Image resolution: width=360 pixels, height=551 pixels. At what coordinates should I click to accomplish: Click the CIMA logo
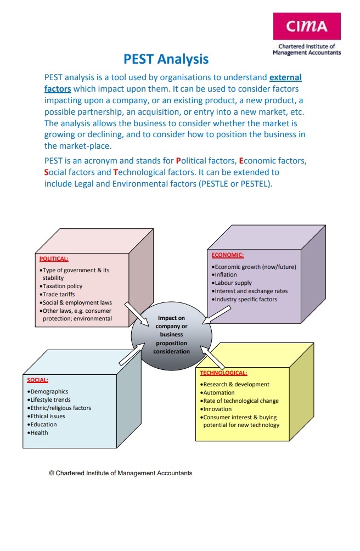tap(307, 26)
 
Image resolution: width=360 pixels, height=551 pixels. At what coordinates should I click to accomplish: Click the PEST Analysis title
tap(166, 59)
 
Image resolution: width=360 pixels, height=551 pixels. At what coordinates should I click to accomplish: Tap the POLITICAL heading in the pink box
tap(54, 258)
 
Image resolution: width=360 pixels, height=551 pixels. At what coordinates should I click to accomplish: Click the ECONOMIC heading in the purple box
tap(228, 255)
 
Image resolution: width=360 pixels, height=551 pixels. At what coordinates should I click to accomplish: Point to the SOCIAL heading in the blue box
tap(38, 379)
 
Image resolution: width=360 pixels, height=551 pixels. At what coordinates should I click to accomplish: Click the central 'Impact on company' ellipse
tap(171, 334)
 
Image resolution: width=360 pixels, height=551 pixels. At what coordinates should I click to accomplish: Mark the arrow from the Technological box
tap(213, 357)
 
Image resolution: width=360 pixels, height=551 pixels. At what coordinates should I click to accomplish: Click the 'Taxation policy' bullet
tap(62, 286)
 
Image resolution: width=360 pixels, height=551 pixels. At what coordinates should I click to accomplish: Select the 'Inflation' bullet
tap(226, 275)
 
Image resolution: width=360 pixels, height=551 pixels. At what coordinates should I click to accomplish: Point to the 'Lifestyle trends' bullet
tap(50, 400)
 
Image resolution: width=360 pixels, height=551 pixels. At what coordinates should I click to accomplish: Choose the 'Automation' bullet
tap(218, 393)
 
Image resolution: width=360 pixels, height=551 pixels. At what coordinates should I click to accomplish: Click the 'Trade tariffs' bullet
tap(59, 294)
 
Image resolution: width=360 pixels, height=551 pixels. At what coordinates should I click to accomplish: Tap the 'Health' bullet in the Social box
tap(39, 432)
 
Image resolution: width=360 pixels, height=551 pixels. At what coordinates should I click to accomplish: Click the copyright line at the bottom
tap(121, 473)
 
